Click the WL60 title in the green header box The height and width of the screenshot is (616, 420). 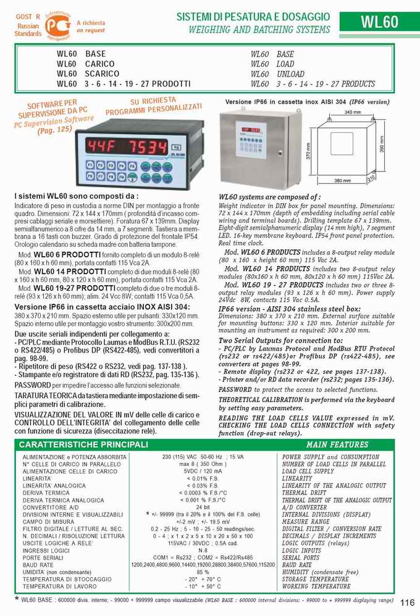[x=379, y=22]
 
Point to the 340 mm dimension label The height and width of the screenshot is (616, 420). [x=352, y=112]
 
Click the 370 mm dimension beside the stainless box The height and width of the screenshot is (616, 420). [x=309, y=151]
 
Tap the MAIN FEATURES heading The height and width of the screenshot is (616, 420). [x=337, y=444]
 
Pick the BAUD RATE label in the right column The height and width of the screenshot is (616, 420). [x=297, y=565]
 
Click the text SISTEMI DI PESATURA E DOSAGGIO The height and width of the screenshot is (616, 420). [x=253, y=17]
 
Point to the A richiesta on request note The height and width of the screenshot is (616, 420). [x=91, y=26]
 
